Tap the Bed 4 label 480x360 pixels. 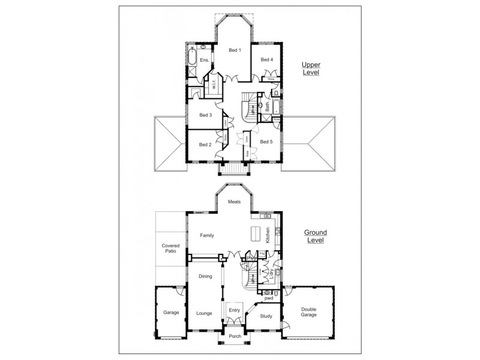[x=267, y=59]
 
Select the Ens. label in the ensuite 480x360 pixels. [x=204, y=61]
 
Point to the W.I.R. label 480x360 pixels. [x=214, y=85]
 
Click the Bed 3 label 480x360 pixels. [x=206, y=115]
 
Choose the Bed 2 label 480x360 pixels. [x=205, y=145]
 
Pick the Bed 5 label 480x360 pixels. [x=267, y=142]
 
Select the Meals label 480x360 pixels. [x=235, y=202]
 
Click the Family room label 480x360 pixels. [x=207, y=235]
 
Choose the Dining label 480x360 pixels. [x=206, y=276]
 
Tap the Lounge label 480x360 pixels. [x=204, y=313]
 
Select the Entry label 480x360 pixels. [x=235, y=310]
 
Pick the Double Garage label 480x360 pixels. [x=308, y=313]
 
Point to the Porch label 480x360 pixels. [x=235, y=336]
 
